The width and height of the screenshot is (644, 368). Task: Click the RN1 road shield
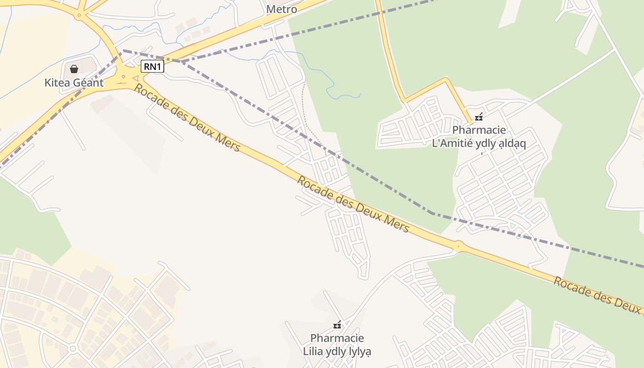152,67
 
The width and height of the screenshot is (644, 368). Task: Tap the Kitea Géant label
74,83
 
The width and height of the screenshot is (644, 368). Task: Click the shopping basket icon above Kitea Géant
74,69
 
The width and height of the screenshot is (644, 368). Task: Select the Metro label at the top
282,9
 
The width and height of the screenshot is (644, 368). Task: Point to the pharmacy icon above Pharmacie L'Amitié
479,117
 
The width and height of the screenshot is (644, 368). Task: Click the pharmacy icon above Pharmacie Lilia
337,325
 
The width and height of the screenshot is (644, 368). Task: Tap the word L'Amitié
451,144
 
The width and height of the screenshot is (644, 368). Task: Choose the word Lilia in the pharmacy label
313,352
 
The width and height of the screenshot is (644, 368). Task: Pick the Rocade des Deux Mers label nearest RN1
187,118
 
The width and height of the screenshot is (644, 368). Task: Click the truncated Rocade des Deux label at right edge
598,294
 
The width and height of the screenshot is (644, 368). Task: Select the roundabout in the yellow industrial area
72,349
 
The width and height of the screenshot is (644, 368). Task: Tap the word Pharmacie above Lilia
337,339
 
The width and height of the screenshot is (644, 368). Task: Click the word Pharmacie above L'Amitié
479,130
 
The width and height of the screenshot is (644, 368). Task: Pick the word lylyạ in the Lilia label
358,352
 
